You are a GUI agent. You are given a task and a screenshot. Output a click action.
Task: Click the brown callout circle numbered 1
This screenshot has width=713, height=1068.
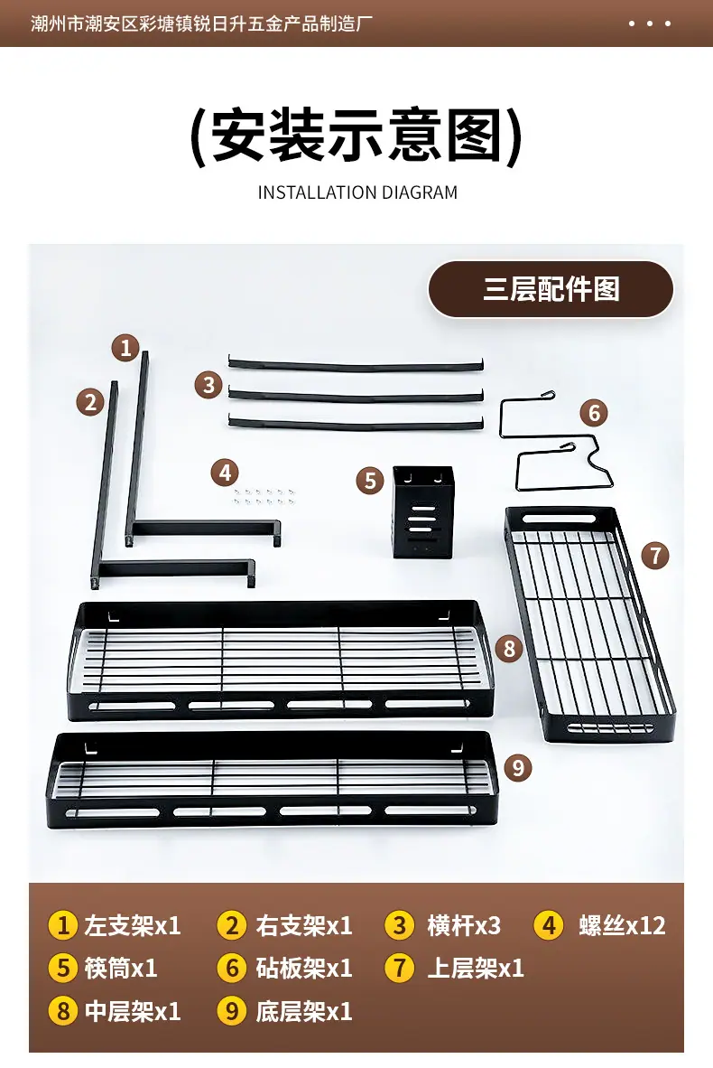(125, 348)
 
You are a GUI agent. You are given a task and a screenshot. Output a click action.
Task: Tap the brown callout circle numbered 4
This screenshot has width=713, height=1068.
(226, 472)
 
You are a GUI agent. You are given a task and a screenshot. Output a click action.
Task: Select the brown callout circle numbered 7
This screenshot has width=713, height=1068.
(655, 555)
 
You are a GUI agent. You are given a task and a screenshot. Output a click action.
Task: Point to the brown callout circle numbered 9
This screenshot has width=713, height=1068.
(518, 768)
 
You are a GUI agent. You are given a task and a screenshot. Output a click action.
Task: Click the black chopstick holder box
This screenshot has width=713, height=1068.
(423, 512)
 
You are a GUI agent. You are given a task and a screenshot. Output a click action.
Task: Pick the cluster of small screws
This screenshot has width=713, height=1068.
(264, 496)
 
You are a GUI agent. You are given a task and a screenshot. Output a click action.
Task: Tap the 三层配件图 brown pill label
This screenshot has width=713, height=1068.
(551, 289)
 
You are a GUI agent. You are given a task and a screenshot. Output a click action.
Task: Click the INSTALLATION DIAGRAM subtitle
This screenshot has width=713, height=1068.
(357, 192)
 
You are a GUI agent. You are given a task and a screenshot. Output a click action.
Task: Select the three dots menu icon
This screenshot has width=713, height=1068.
(650, 23)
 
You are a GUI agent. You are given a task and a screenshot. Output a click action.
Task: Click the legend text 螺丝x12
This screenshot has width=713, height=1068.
(622, 925)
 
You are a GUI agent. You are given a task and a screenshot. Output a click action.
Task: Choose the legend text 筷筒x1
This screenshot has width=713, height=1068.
(121, 968)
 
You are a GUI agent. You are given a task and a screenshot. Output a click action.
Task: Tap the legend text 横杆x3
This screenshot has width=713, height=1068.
(464, 925)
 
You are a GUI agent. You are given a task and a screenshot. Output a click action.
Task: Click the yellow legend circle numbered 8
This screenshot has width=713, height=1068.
(63, 1011)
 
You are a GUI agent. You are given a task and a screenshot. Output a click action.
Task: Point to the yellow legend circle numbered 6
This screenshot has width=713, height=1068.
(232, 968)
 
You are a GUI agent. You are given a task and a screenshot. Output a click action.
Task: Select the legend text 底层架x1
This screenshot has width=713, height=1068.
(304, 1011)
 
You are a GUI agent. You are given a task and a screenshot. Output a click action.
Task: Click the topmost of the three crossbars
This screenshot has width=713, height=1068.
(356, 366)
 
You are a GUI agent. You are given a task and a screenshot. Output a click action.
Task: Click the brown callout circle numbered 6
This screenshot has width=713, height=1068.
(594, 413)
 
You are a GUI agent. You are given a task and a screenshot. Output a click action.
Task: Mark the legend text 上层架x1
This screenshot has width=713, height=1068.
(476, 968)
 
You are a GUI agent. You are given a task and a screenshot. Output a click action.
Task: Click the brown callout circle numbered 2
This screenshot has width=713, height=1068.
(90, 402)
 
